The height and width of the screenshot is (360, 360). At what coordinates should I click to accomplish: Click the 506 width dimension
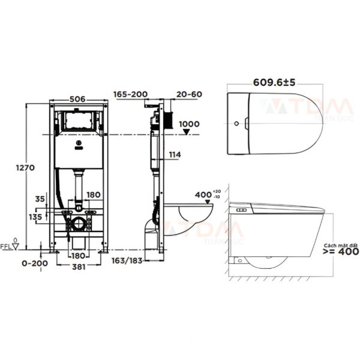[77, 99]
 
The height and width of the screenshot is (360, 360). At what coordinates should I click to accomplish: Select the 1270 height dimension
[25, 168]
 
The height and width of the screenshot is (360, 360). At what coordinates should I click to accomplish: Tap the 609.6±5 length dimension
[274, 82]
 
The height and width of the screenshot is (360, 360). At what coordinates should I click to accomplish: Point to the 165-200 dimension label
[130, 94]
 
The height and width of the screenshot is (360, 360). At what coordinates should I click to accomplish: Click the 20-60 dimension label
[189, 94]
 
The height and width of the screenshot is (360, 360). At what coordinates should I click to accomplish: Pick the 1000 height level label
[189, 124]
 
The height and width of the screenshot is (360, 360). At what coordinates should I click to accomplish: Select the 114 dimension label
[175, 155]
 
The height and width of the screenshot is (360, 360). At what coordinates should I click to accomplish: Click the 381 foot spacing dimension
[79, 267]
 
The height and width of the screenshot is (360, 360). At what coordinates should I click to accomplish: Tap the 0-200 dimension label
[35, 263]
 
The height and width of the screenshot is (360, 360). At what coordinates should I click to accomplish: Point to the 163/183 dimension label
[127, 261]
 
